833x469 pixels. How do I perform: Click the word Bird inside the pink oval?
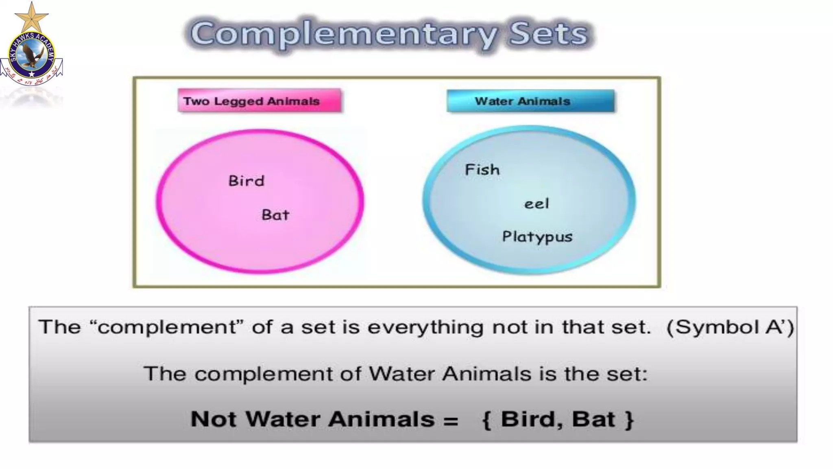pos(246,181)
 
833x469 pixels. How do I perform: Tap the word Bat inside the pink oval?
pos(275,215)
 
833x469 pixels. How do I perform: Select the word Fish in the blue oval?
pos(482,170)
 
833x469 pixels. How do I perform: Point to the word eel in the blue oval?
pos(536,204)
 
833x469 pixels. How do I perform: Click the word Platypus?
pos(537,237)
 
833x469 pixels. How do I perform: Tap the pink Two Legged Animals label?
pos(259,101)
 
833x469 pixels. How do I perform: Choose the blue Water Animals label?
pos(530,101)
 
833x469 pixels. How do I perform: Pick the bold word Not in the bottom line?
pos(213,419)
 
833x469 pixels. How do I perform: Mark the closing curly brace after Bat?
pos(629,420)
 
